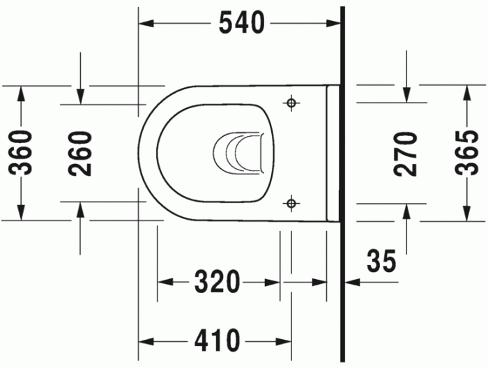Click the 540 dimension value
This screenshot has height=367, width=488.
pos(242,23)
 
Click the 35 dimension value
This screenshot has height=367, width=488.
pos(381,262)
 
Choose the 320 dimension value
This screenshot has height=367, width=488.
pos(218,283)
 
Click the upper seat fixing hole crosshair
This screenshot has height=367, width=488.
pos(291,103)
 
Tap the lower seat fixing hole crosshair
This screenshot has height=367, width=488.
pos(291,203)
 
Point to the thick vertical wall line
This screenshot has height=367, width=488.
pos(342,181)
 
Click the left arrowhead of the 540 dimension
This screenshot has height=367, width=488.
pos(144,23)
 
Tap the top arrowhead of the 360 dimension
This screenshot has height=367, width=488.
pos(22,91)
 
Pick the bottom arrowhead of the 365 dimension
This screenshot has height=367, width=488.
pos(466,214)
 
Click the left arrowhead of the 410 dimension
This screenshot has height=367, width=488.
pos(144,341)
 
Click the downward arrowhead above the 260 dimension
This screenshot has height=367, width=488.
pos(81,98)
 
